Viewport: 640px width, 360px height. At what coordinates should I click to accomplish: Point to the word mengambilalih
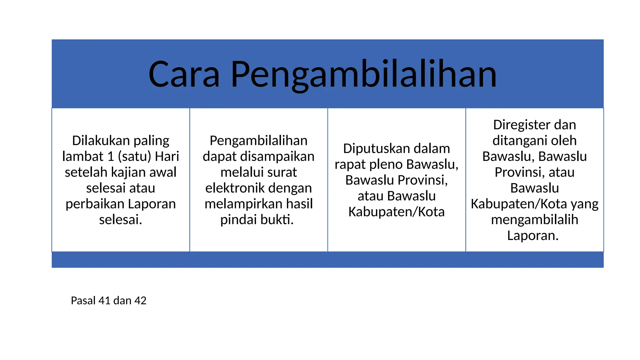pos(534,220)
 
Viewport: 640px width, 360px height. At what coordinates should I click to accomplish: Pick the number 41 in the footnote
pos(104,301)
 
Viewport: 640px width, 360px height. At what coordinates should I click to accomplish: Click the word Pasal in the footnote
pos(83,301)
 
